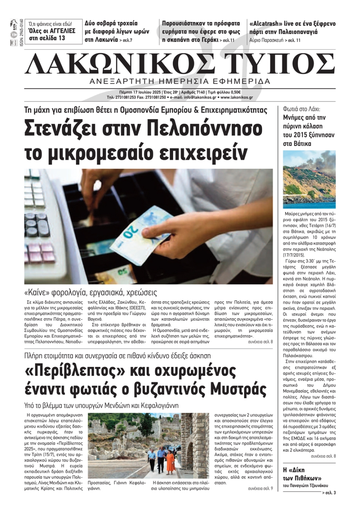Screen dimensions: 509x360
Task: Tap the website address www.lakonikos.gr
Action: [x=237, y=97]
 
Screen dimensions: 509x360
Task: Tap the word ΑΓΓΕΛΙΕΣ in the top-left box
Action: [x=61, y=31]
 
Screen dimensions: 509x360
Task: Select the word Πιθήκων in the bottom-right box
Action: [x=310, y=478]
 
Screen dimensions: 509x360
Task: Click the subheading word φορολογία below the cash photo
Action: [x=72, y=292]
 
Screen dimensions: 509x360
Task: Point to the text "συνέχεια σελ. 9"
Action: [x=261, y=488]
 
